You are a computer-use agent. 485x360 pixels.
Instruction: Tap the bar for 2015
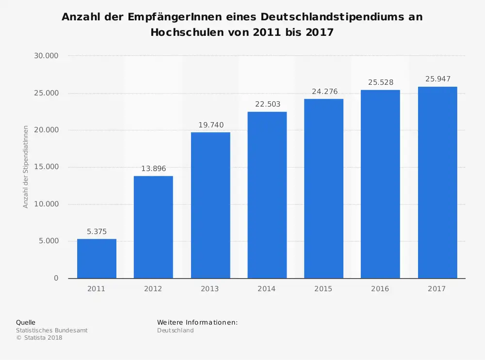pos(323,188)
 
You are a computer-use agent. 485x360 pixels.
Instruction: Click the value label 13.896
pos(153,169)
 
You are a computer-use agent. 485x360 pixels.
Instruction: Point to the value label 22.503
pos(267,104)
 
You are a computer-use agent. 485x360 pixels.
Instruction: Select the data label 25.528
pos(380,82)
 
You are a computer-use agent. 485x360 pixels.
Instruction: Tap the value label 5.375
pos(97,232)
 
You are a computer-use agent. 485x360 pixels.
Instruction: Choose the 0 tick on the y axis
pos(56,278)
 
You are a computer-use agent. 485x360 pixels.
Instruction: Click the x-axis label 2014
pos(267,289)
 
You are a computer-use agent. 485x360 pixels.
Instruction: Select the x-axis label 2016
pos(380,289)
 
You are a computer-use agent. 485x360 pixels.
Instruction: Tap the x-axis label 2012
pos(153,289)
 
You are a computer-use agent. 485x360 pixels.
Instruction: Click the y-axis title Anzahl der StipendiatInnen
pos(26,167)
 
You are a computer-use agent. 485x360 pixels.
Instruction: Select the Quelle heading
pos(26,323)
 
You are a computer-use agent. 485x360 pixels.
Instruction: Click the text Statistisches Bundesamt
pos(52,330)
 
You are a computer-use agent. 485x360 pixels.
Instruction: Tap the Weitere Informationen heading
pos(197,323)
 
